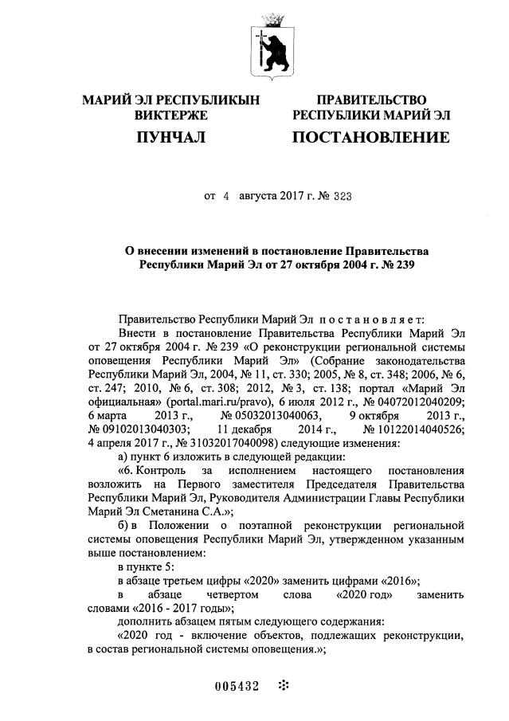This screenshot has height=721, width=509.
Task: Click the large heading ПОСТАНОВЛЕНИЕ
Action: coord(370,138)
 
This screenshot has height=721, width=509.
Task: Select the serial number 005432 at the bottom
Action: coord(238,686)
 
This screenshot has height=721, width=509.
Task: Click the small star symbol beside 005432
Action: coord(284,685)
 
